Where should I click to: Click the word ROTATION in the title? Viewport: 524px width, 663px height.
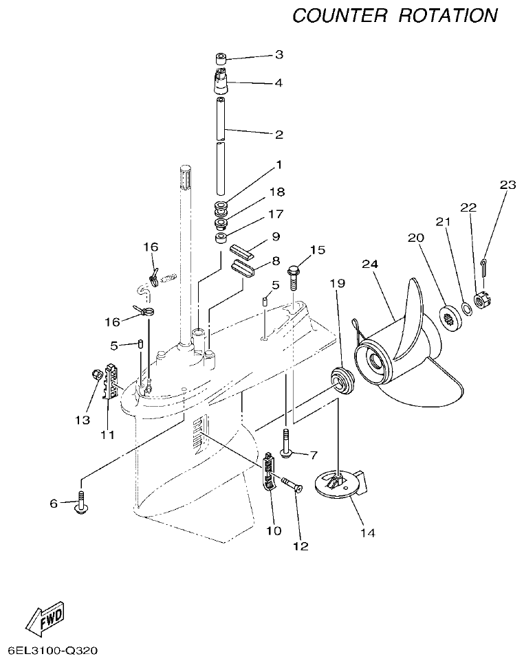click(448, 16)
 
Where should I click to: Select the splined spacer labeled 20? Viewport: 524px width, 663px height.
click(450, 316)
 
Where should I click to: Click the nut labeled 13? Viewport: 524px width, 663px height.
click(97, 374)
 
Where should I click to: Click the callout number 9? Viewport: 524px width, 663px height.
click(275, 236)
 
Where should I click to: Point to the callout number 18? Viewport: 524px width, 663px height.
click(279, 192)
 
